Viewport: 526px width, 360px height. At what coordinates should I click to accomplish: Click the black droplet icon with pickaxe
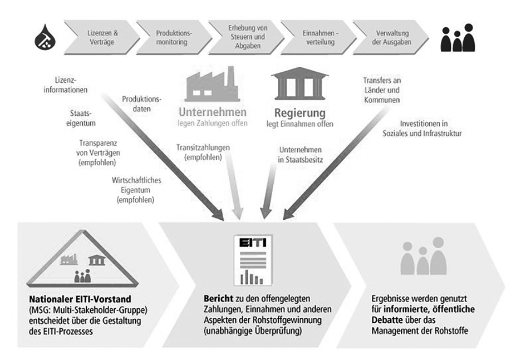tap(45, 37)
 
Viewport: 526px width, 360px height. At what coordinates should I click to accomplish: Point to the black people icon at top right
tap(458, 37)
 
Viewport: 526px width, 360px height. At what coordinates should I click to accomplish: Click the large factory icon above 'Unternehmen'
tap(212, 84)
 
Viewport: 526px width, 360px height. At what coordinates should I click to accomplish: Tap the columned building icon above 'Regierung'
tap(299, 83)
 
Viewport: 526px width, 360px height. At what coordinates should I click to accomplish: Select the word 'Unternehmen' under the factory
tap(213, 112)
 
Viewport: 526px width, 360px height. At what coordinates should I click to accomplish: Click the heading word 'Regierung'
tap(300, 113)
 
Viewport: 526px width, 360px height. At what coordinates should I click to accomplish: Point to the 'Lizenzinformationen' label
tap(66, 85)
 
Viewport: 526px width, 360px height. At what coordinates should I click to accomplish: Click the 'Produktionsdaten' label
tap(141, 104)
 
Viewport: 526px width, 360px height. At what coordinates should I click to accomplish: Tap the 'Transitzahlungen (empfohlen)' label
tap(203, 152)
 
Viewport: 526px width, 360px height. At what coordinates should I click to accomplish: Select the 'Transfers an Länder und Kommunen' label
tap(382, 90)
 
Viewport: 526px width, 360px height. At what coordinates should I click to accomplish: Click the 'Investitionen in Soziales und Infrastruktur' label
tap(422, 129)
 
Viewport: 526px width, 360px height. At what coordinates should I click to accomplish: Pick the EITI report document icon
tap(253, 260)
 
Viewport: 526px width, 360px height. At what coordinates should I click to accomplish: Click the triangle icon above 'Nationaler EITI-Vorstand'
tap(82, 259)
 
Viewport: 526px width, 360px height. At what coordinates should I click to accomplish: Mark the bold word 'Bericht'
tap(218, 298)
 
